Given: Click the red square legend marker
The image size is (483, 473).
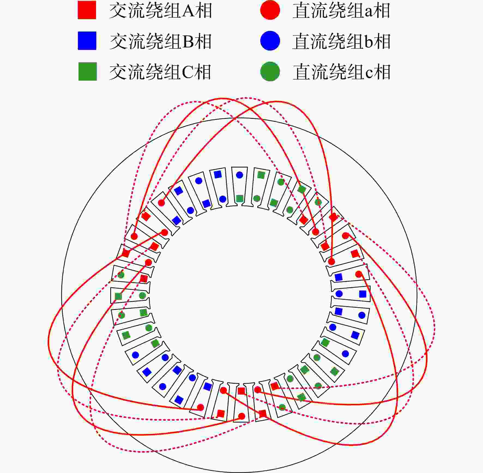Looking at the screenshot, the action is click(x=87, y=10).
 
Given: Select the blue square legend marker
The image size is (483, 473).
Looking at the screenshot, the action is click(x=87, y=41).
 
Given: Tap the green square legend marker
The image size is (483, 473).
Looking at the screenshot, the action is click(x=87, y=72).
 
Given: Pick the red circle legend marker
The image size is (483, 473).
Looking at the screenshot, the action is click(x=270, y=10).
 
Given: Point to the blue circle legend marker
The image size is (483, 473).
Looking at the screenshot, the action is click(x=270, y=41).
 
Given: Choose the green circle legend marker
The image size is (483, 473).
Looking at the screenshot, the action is click(x=270, y=72).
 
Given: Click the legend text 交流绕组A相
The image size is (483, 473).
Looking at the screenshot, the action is click(x=161, y=11).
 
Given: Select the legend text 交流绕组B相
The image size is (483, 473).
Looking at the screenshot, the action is click(x=161, y=42).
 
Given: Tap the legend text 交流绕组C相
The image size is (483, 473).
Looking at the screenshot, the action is click(x=160, y=72).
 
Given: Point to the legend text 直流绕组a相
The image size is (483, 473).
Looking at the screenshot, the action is click(x=341, y=11).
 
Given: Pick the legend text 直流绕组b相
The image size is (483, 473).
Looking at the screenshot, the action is click(x=341, y=42).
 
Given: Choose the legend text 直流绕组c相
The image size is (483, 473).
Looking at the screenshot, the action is click(x=341, y=72).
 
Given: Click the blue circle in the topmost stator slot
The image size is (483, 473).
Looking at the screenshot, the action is click(x=239, y=175).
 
